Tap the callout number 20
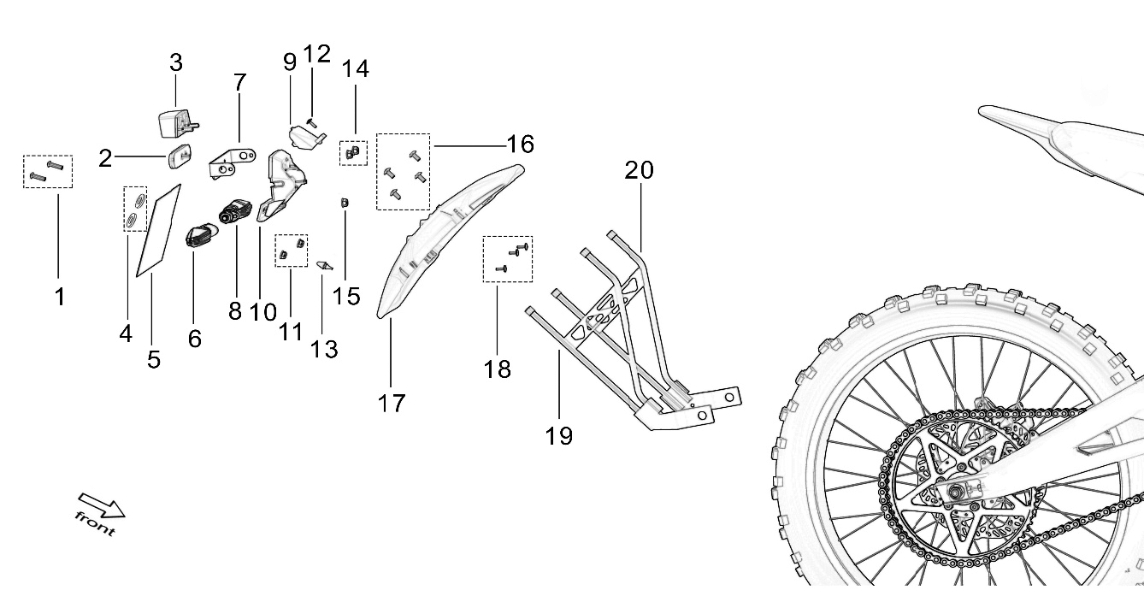(639, 170)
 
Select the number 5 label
(154, 359)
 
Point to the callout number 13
(324, 348)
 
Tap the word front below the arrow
(94, 523)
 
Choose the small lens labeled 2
(180, 158)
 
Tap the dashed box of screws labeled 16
(403, 172)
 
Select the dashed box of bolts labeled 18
(508, 258)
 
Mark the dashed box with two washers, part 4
(135, 209)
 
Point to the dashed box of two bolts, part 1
(48, 171)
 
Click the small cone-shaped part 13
(324, 265)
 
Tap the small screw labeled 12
(312, 123)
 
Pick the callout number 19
(559, 435)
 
